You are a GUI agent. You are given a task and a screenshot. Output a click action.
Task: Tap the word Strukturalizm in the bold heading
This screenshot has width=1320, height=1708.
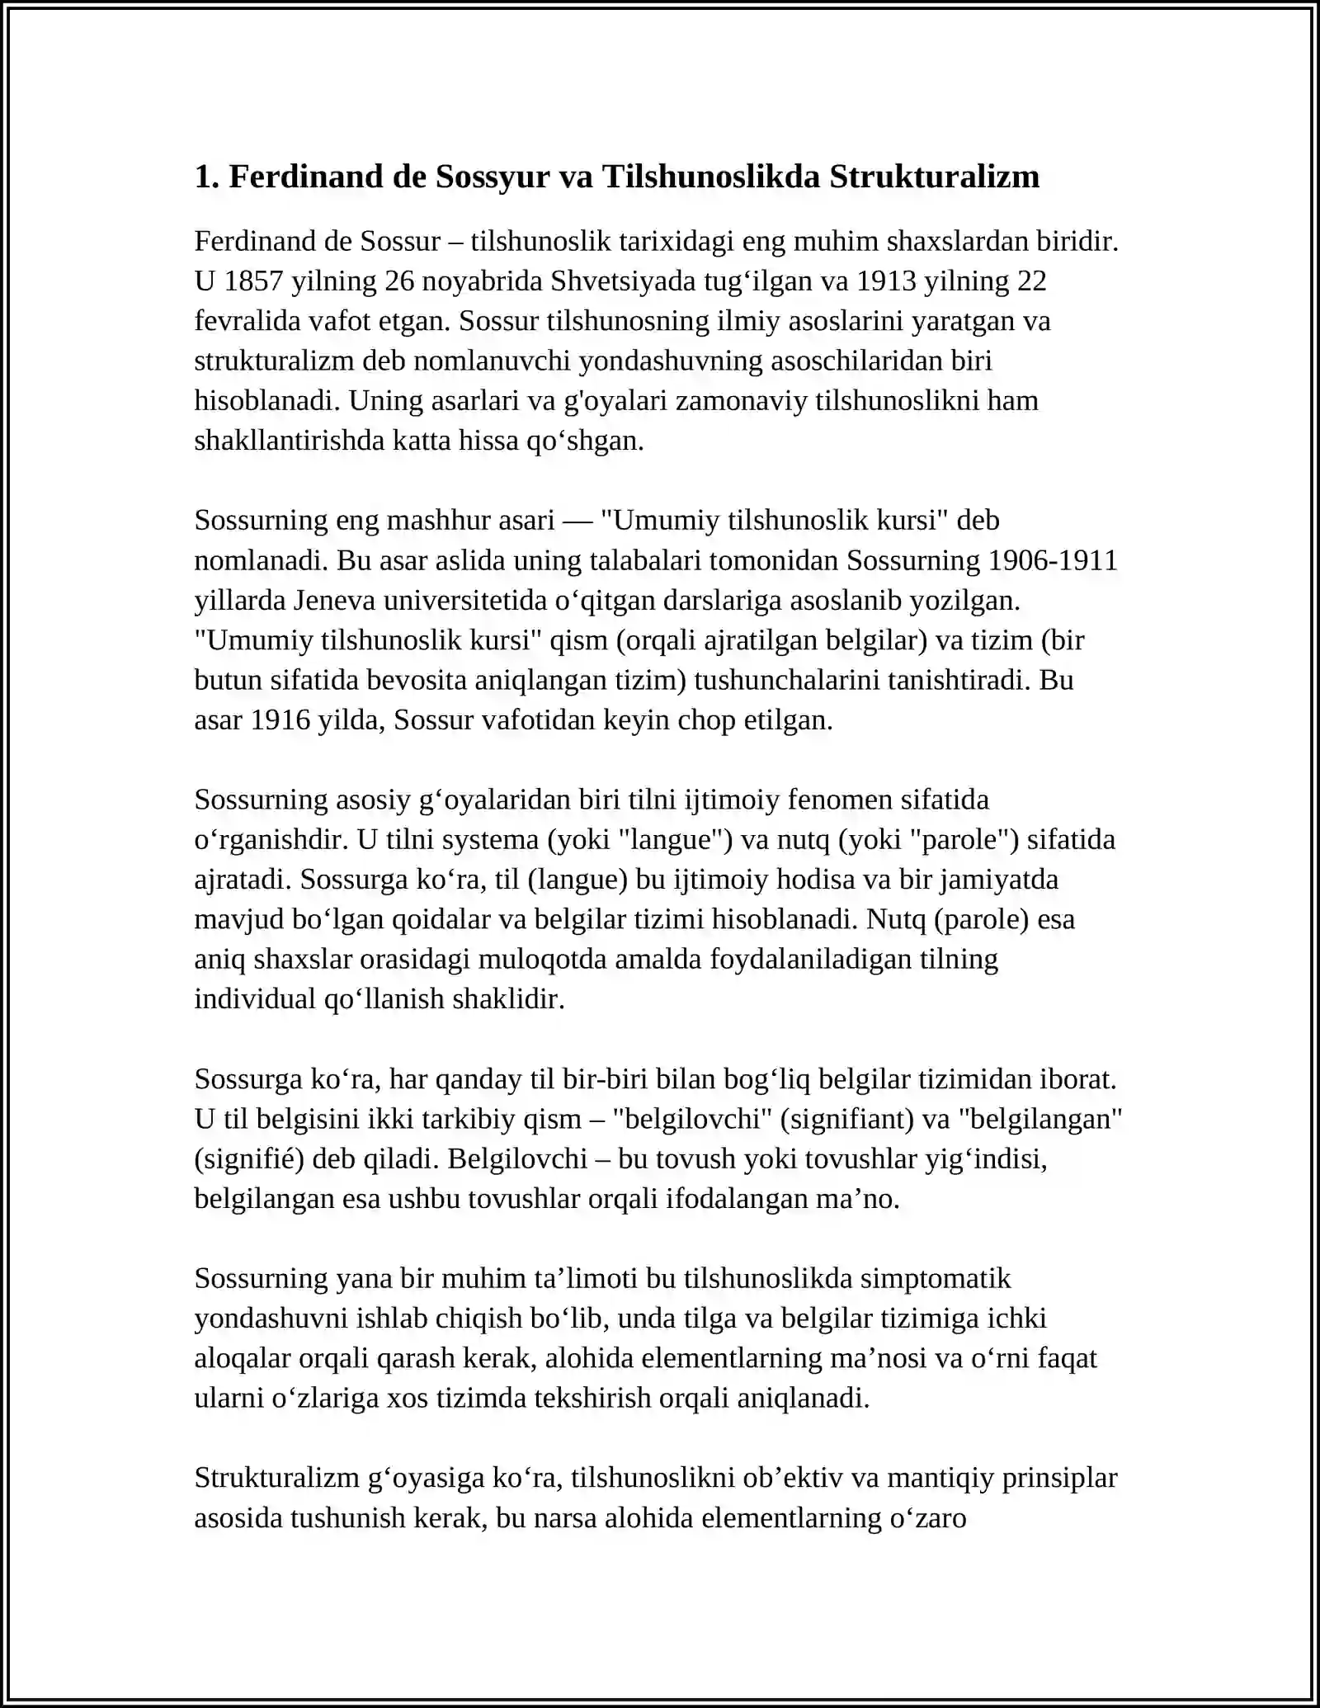click(x=934, y=177)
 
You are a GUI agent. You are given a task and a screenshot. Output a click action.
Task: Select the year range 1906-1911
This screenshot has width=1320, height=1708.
click(x=1052, y=561)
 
